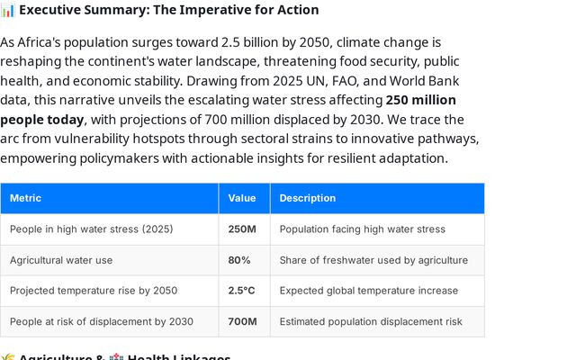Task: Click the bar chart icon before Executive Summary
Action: click(7, 10)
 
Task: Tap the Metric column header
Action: click(25, 198)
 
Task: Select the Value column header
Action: click(242, 198)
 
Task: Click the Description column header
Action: click(307, 198)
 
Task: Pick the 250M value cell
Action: click(242, 229)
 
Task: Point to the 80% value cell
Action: click(239, 260)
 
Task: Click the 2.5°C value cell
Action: click(241, 291)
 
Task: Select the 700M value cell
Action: click(242, 321)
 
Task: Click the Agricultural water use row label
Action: click(61, 260)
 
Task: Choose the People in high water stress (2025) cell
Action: click(91, 229)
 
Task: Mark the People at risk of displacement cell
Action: click(101, 321)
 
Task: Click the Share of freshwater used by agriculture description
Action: click(373, 260)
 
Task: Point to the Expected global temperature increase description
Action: click(368, 291)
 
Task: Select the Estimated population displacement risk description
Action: click(371, 321)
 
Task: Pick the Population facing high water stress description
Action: click(362, 229)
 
